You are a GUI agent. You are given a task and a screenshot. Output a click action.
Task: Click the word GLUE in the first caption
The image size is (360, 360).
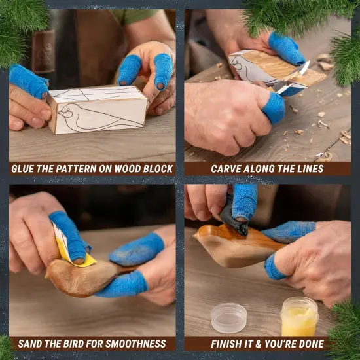click(24, 169)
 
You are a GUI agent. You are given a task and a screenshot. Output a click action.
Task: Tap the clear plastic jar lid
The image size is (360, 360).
click(229, 317)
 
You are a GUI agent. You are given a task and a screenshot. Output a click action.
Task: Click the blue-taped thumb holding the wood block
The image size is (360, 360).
click(29, 81)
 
